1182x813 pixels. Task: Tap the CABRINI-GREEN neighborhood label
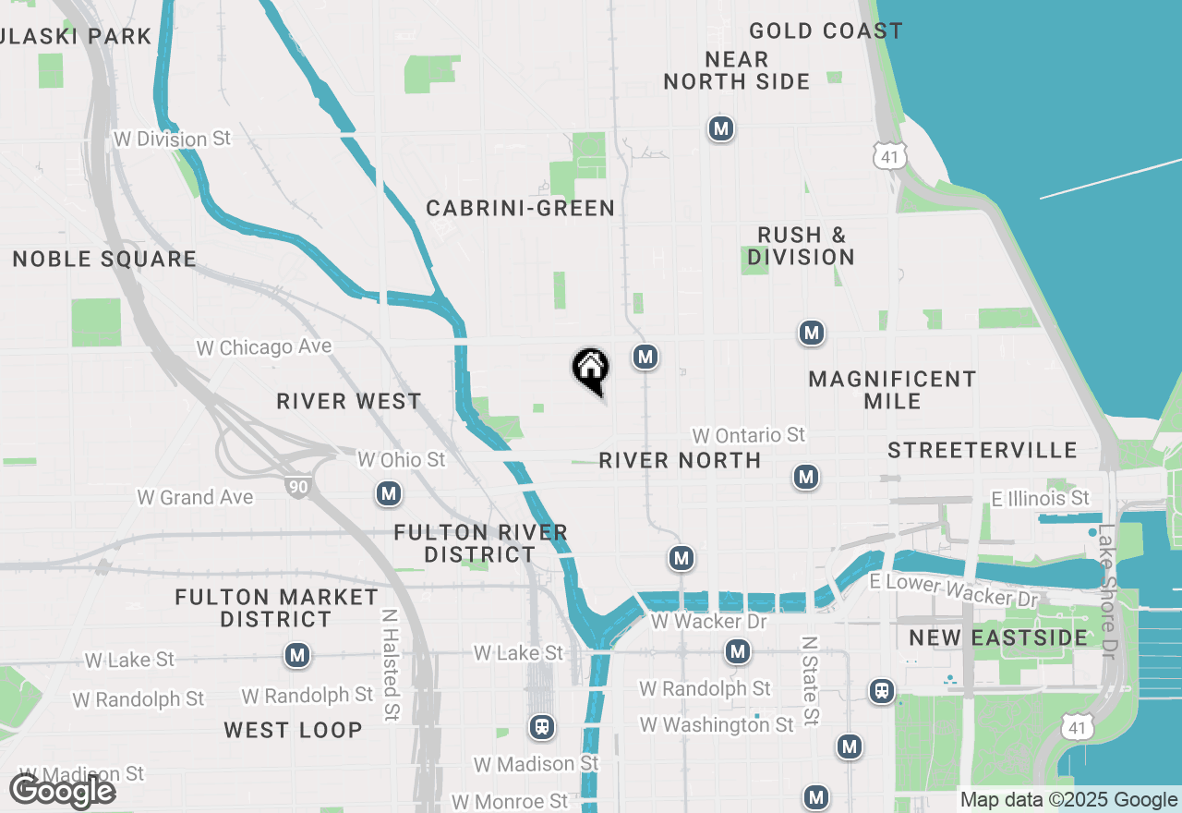[x=520, y=209]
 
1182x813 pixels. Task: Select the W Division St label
[x=172, y=140]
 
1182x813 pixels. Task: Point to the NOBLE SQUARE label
[x=104, y=260]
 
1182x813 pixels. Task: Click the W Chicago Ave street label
[x=264, y=347]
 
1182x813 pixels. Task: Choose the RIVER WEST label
[x=349, y=402]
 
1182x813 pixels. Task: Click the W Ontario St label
[x=749, y=435]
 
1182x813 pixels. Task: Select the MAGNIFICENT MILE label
[x=892, y=390]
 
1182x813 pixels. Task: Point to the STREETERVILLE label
[x=983, y=451]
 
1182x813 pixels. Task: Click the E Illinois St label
[x=1040, y=499]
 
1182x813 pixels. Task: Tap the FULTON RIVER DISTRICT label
[x=480, y=544]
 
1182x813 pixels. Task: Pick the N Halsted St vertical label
[x=392, y=664]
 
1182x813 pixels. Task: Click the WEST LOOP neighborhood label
[x=293, y=731]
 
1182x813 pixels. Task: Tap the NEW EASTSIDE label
[x=985, y=638]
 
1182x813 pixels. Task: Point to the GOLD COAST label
[x=826, y=31]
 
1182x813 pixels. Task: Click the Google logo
[x=63, y=792]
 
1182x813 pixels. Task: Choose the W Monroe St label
[x=510, y=801]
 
